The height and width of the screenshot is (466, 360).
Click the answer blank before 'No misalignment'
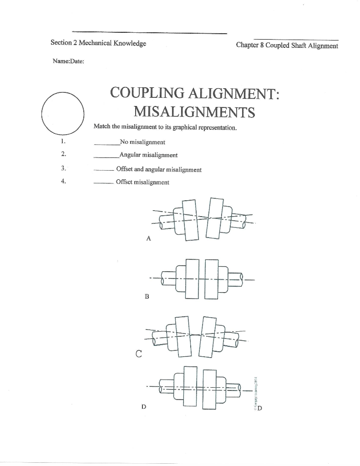tap(106, 143)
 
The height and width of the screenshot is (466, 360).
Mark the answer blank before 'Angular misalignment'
tap(106, 157)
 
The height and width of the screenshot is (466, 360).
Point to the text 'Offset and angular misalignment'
tap(159, 169)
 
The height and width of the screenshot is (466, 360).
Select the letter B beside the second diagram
tap(147, 296)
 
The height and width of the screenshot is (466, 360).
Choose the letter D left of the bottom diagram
tap(144, 407)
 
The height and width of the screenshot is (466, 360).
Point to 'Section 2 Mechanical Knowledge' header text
tap(98, 43)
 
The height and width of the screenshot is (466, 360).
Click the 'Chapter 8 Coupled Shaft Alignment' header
tap(287, 46)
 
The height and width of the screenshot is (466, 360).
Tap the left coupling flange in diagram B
tap(193, 278)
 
